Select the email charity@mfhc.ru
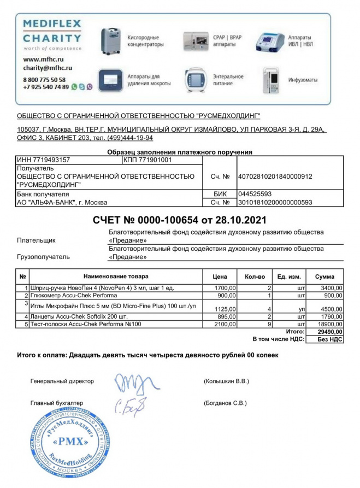48,68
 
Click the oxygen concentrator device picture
111,40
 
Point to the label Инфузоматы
304,80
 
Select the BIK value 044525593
255,193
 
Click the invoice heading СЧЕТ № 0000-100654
180,220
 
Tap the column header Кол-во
255,277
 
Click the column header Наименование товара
115,277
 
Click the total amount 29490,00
330,332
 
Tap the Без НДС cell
330,339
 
